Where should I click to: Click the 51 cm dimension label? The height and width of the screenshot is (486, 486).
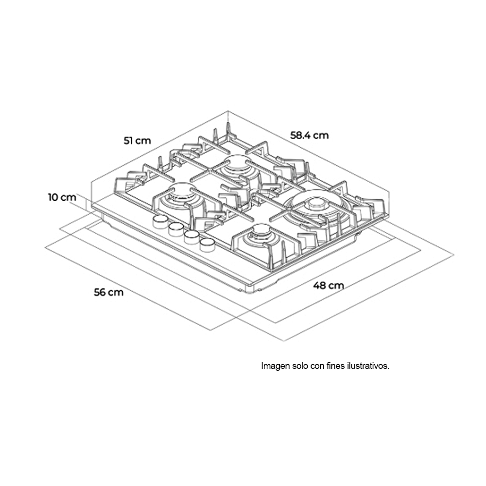tap(138, 141)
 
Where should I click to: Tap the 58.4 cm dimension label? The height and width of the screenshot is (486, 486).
tap(309, 135)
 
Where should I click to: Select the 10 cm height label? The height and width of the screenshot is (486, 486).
tap(62, 197)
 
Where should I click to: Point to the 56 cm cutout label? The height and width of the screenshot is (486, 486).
tap(109, 292)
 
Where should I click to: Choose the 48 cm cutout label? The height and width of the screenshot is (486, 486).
tap(328, 285)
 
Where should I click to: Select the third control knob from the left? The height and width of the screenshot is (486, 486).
tap(191, 237)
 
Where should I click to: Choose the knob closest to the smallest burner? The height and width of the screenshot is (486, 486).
tap(207, 245)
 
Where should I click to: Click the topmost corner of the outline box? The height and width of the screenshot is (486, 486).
tap(228, 111)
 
